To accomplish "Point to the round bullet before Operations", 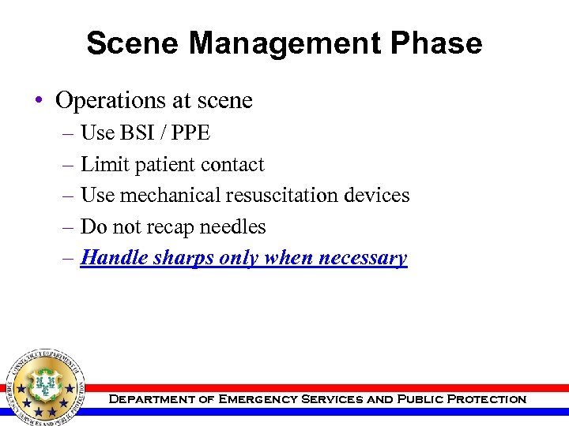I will point(38,101).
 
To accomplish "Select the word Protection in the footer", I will point(486,399).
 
